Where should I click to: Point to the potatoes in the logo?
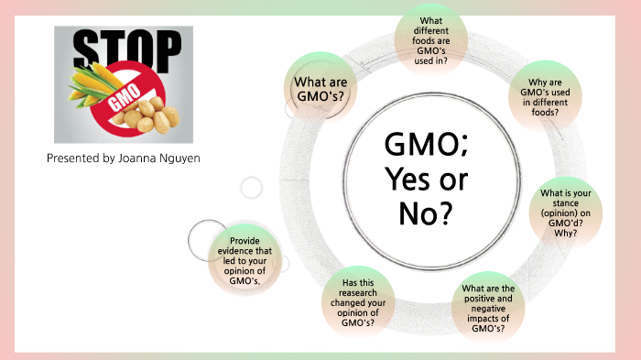pos(152,115)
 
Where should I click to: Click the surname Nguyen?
pos(181,158)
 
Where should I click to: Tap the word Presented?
pos(72,158)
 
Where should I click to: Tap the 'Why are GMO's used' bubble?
pos(548,103)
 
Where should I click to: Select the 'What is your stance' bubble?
pos(566,213)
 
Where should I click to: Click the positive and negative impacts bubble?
pos(489,309)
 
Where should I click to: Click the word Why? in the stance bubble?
pos(566,233)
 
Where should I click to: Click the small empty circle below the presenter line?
pos(251,188)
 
